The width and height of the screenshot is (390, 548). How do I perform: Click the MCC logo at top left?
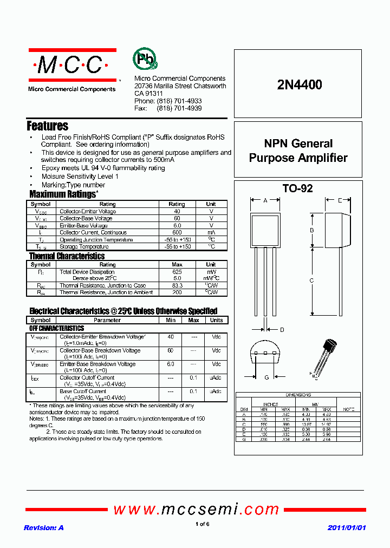(x=71, y=66)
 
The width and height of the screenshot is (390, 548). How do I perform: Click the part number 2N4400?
(x=299, y=85)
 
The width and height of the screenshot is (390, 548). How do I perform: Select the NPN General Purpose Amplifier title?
(x=298, y=151)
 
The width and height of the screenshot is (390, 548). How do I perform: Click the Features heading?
(x=48, y=126)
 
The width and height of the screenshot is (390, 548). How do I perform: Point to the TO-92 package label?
(x=297, y=188)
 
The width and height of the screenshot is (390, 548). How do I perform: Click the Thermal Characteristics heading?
(x=67, y=256)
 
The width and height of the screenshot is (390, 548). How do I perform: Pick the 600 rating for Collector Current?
(x=177, y=232)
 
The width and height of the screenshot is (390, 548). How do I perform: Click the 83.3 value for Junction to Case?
(x=177, y=285)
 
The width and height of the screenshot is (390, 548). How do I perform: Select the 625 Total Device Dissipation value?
(x=177, y=272)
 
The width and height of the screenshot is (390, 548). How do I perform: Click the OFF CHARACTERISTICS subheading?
(x=57, y=328)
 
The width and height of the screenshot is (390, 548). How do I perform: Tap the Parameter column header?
(x=107, y=320)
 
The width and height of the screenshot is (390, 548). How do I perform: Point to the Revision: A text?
(x=44, y=527)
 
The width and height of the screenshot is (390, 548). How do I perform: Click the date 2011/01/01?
(x=347, y=527)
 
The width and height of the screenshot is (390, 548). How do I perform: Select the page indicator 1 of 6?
(x=202, y=524)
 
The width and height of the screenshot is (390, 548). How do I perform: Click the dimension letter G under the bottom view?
(x=266, y=377)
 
